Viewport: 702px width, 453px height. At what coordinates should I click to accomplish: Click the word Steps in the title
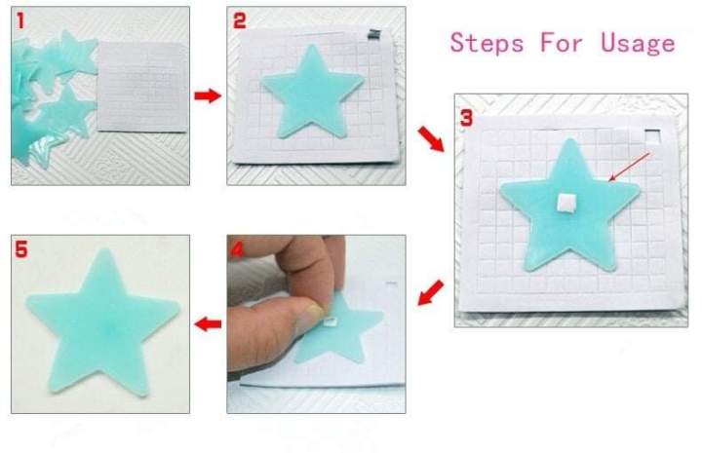(x=485, y=42)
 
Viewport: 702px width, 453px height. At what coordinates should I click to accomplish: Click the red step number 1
(x=20, y=19)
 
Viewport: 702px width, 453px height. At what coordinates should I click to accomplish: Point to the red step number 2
(x=240, y=19)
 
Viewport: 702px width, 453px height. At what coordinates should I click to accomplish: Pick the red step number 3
(x=466, y=118)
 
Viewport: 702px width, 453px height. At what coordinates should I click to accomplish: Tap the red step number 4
(x=237, y=249)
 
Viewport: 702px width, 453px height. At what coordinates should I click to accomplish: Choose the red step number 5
(x=21, y=250)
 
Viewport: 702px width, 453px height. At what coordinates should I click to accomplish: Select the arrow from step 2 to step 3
(x=429, y=140)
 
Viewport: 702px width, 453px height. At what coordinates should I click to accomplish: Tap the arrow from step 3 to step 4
(x=430, y=291)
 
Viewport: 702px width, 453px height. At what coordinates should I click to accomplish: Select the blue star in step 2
(x=312, y=96)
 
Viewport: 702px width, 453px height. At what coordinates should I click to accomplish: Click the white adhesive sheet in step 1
(x=142, y=88)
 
